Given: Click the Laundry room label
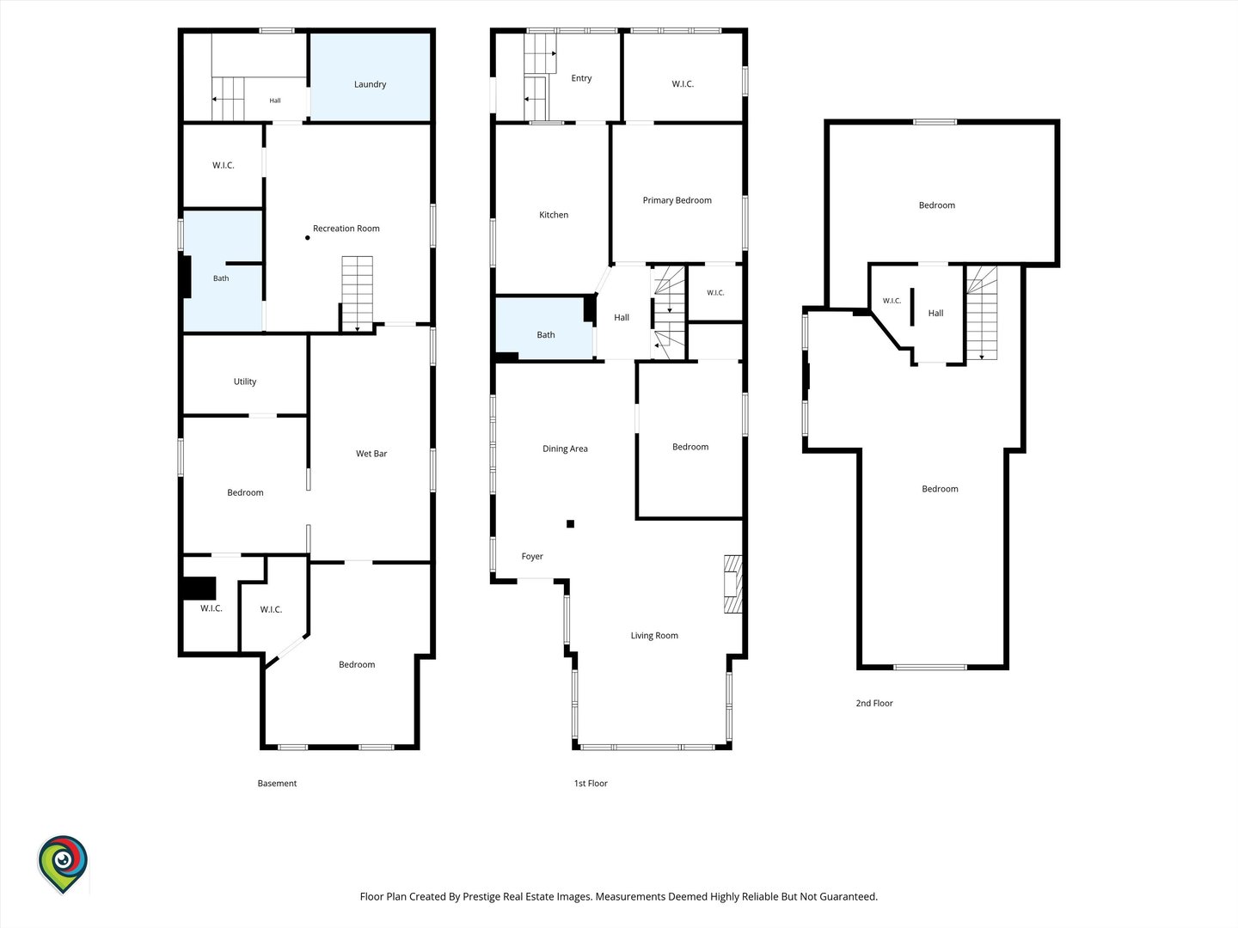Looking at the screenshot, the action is [370, 84].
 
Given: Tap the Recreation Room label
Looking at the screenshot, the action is [346, 229].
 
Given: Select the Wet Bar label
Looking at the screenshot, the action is [371, 454].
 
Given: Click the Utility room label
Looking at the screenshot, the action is [245, 382].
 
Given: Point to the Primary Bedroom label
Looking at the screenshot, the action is [677, 200].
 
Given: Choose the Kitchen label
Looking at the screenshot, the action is [554, 215].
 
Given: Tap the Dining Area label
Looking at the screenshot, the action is [565, 449].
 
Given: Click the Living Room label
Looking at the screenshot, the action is [654, 636].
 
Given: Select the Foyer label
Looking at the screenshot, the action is [532, 557].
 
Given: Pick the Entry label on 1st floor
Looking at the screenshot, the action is [581, 78].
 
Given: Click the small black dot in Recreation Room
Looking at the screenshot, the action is [308, 238].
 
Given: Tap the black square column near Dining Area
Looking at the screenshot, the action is [570, 524].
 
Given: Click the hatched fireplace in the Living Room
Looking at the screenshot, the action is [732, 584].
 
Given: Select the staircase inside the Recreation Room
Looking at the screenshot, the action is [357, 294].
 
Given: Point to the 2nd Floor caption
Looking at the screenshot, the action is [874, 703].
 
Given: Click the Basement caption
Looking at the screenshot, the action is [277, 783].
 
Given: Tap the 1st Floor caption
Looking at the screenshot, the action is [591, 783].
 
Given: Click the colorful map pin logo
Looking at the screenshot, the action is [63, 864].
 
